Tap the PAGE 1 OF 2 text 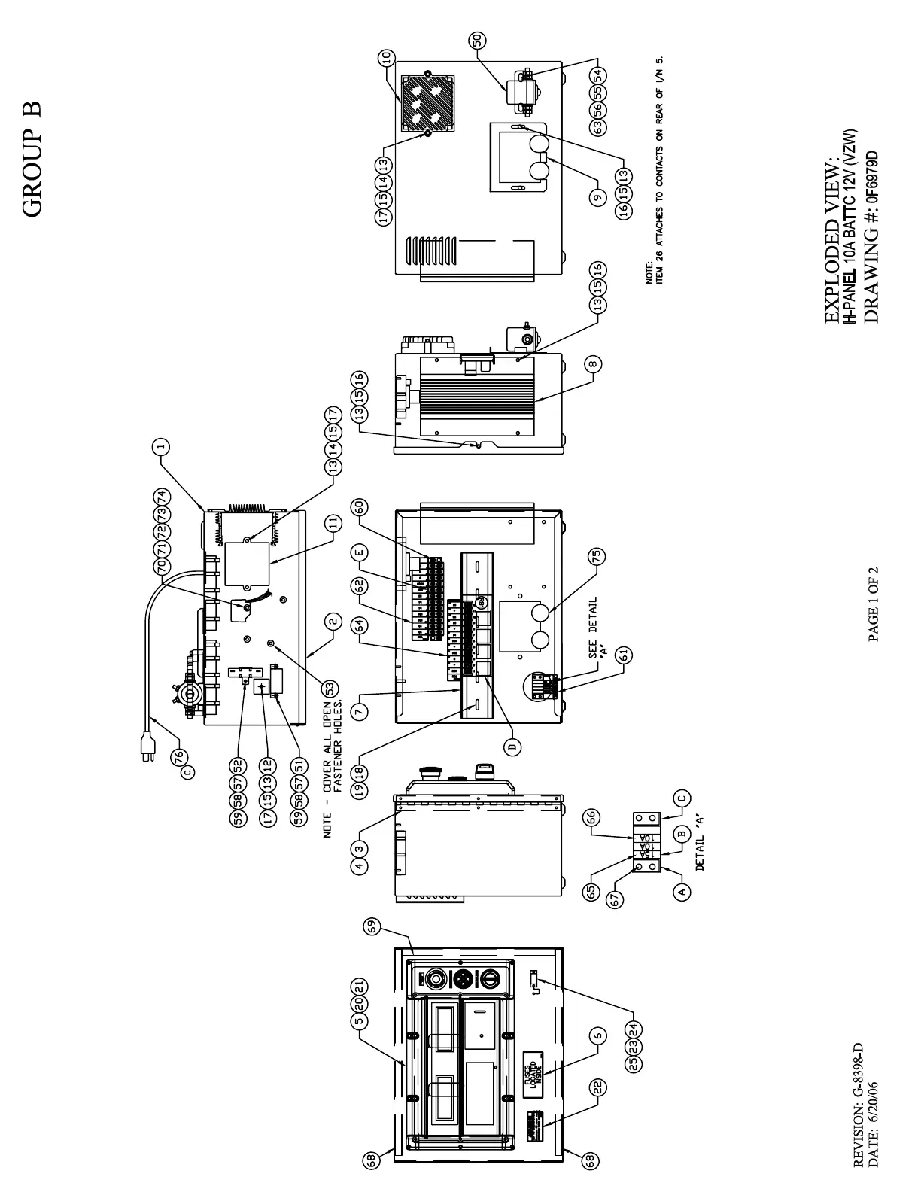[x=874, y=604]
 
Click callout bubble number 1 [x=160, y=447]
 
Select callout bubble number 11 [x=333, y=522]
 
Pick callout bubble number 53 [x=329, y=687]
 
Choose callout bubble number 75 [x=597, y=557]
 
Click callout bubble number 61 [x=622, y=655]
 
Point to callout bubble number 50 [x=477, y=41]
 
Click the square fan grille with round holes [x=427, y=103]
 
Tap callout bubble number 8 [x=594, y=365]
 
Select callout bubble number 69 [x=371, y=927]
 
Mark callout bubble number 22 [x=598, y=1087]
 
